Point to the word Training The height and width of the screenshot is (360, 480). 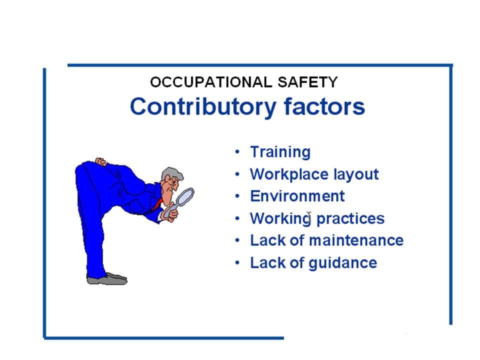280,152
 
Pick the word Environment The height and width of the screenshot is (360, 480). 297,196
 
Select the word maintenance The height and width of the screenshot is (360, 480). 356,240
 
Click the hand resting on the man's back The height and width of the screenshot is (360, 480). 101,162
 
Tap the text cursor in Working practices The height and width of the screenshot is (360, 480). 309,217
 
